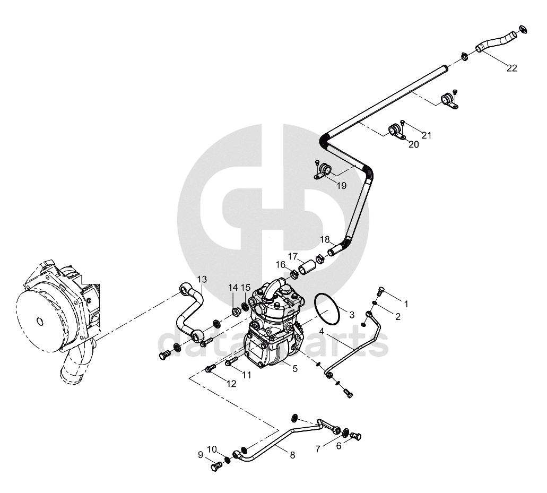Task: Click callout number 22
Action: (511, 68)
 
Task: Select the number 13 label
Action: (202, 279)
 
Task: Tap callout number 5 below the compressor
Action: (295, 368)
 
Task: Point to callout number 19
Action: (342, 186)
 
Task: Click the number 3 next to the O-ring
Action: (352, 315)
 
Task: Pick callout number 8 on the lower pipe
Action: (292, 455)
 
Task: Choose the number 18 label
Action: (325, 240)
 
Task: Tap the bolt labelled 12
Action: (211, 368)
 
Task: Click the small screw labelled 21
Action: (402, 123)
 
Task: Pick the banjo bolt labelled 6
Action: (356, 436)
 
